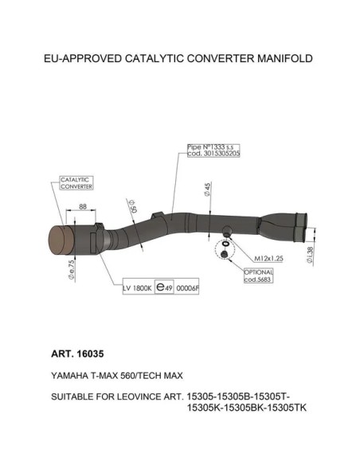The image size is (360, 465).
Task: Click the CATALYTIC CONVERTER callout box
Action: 76,183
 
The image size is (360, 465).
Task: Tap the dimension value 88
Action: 83,206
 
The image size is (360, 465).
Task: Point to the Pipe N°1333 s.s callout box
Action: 213,150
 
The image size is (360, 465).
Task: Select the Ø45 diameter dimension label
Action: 207,190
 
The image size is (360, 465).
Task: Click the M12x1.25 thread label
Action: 268,258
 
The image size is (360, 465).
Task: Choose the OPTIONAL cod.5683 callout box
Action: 258,275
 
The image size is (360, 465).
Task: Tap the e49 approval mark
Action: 164,287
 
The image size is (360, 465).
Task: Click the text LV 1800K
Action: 137,288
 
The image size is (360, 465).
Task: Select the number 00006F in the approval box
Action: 187,288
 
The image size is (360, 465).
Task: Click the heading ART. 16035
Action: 77,354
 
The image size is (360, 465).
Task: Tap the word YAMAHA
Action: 69,376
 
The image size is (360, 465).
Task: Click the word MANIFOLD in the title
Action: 284,58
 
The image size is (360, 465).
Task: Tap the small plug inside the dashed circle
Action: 224,254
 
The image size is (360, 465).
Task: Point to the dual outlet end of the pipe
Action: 300,227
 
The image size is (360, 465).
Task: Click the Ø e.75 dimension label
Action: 71,270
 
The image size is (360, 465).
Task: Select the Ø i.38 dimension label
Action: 310,256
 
